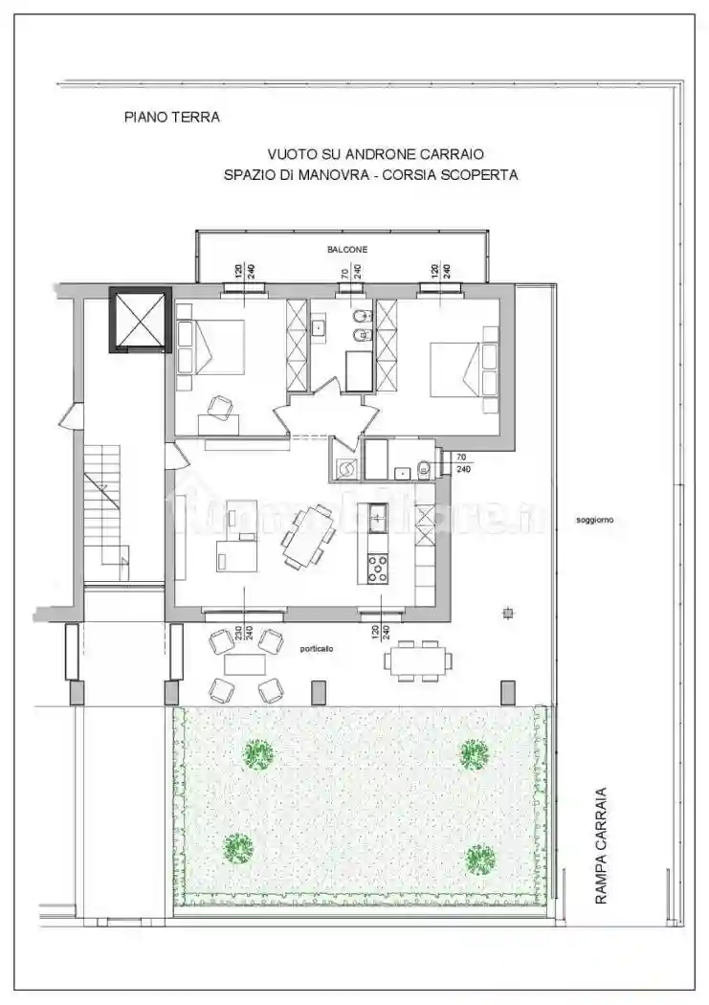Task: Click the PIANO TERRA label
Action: coord(172,118)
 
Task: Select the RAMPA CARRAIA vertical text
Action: coord(601,846)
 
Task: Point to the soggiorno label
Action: coord(594,521)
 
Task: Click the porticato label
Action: coord(317,648)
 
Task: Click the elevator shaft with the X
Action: coord(140,320)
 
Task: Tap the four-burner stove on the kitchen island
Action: coord(377,569)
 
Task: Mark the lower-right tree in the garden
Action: coord(480,859)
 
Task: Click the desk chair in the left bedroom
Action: coord(223,407)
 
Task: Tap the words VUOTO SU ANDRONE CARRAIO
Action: coord(375,153)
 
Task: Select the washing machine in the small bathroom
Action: coord(347,467)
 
